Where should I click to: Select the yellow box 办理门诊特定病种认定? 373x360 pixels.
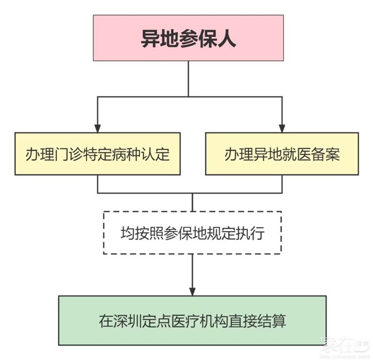point(98,154)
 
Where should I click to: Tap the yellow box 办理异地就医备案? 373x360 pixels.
point(282,154)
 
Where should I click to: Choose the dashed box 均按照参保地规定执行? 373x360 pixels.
point(192,233)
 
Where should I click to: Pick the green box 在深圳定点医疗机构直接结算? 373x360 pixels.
point(192,321)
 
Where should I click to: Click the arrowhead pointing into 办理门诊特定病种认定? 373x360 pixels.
point(98,127)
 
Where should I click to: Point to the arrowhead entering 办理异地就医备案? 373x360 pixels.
point(282,127)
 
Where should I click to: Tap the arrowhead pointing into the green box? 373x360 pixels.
point(192,291)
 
